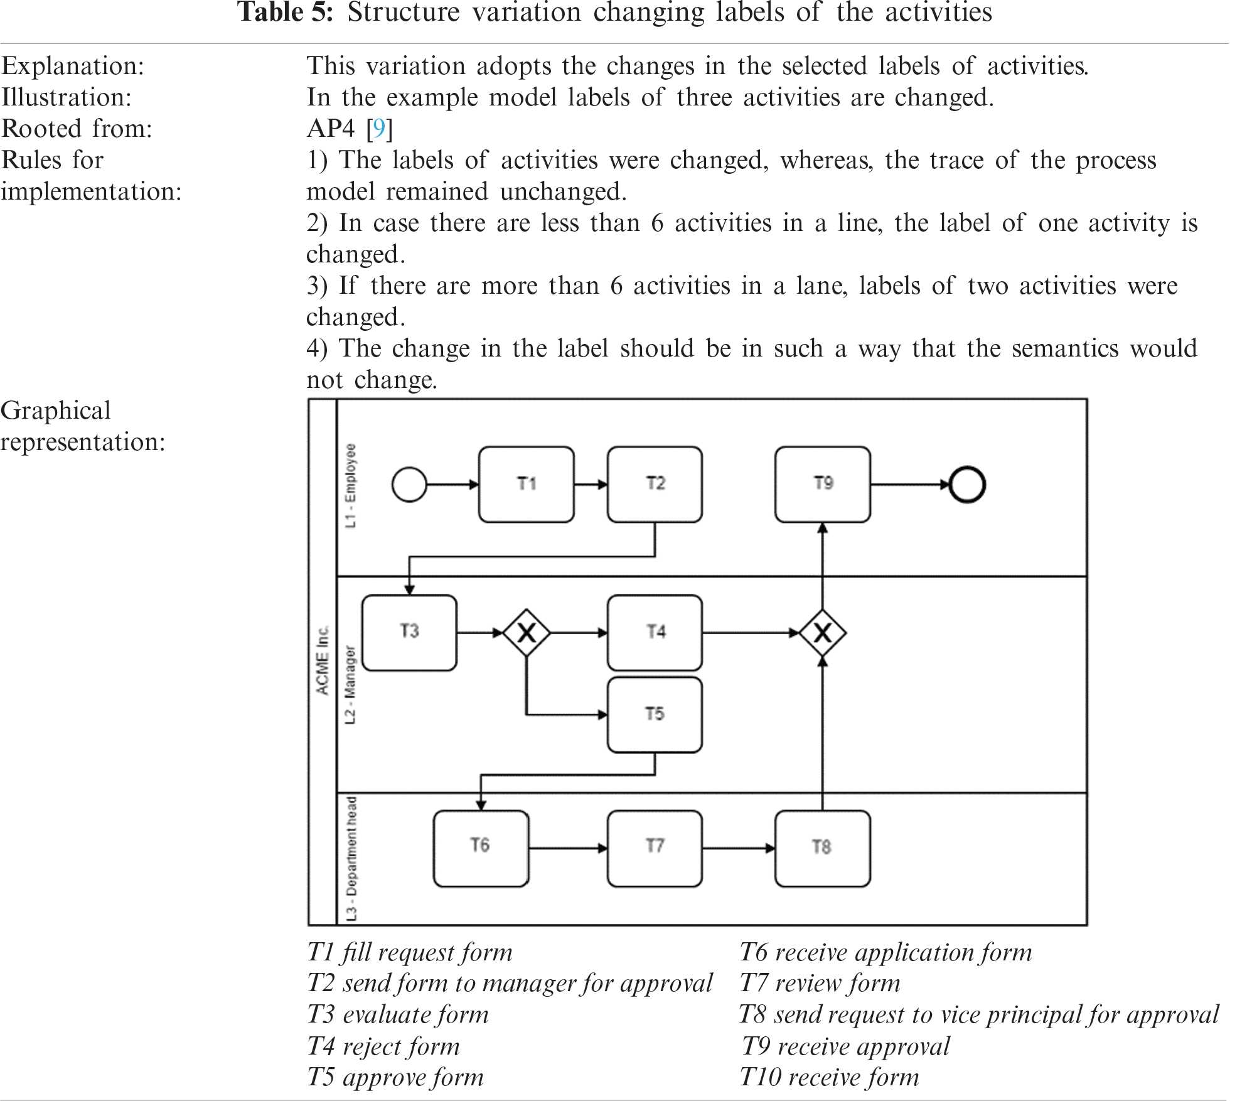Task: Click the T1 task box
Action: [526, 484]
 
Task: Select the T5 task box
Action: [655, 714]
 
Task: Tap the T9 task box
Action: [822, 484]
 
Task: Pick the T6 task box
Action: [481, 848]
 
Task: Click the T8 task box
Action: [822, 848]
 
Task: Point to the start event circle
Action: [409, 485]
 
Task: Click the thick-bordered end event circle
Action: [967, 485]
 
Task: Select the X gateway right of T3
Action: [527, 633]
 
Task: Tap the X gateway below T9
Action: [822, 633]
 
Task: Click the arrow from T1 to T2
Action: [591, 485]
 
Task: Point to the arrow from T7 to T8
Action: [739, 849]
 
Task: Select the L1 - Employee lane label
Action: [350, 486]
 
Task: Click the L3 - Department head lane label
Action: [351, 859]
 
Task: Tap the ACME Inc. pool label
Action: [323, 660]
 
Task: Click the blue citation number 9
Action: [378, 129]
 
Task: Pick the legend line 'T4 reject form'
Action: [383, 1046]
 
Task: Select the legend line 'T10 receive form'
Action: [829, 1077]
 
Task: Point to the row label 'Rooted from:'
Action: [77, 129]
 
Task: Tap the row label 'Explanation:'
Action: [73, 66]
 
